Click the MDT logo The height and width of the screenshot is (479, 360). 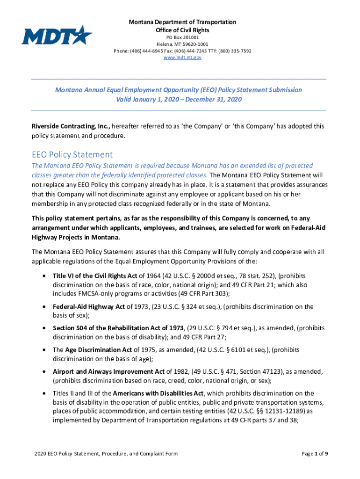click(x=57, y=35)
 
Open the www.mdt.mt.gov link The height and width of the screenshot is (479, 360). click(x=183, y=57)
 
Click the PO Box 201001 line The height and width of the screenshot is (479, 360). click(x=183, y=37)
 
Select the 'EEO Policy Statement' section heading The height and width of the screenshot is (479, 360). click(x=72, y=154)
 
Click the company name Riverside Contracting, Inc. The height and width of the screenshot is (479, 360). click(x=71, y=126)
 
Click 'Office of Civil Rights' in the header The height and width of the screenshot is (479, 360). click(x=183, y=30)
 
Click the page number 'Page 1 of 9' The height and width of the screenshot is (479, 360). click(x=314, y=454)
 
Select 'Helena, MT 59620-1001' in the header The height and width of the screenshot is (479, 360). click(x=183, y=44)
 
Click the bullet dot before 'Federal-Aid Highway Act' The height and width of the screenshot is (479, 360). click(x=43, y=307)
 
